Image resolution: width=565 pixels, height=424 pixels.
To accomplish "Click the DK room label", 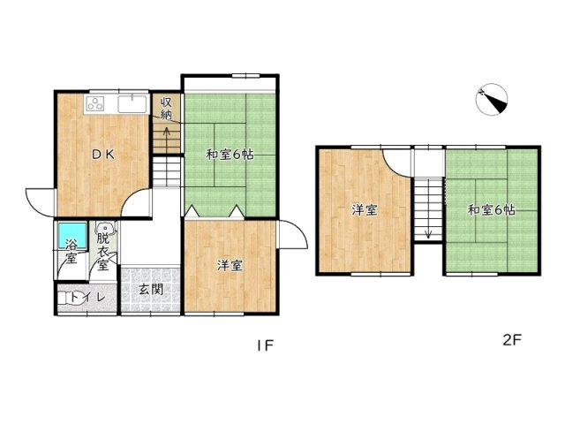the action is [x=103, y=155].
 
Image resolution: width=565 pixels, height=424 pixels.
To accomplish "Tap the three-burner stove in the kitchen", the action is [x=95, y=103].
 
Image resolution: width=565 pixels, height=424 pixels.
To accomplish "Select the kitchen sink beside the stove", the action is [x=133, y=104].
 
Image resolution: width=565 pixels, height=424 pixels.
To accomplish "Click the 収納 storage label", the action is [x=166, y=109].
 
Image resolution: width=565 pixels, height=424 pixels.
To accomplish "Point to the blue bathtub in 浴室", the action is [x=72, y=236].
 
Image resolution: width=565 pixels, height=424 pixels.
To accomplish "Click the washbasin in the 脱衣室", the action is [x=106, y=228].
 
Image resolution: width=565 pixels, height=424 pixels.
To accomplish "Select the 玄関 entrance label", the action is [x=151, y=289].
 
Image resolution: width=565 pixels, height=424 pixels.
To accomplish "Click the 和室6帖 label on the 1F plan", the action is [x=230, y=155].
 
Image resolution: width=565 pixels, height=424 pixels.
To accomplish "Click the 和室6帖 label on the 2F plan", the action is [x=491, y=209].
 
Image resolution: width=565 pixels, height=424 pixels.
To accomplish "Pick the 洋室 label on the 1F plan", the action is [x=230, y=266].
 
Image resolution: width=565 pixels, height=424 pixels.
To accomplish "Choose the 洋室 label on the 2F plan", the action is [x=365, y=209].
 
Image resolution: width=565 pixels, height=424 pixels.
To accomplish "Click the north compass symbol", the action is [x=492, y=100].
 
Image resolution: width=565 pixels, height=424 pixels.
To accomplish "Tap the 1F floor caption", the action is [x=266, y=345].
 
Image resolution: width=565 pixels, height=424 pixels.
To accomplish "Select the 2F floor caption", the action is [x=512, y=340].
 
